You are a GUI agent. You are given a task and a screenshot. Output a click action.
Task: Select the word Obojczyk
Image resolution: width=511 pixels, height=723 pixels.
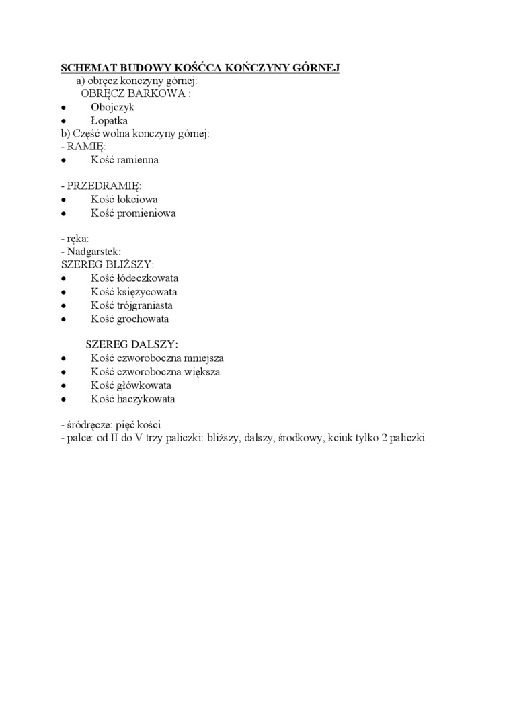coord(112,107)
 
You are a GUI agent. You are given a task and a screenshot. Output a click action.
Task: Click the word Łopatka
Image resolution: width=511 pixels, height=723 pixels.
coord(109,120)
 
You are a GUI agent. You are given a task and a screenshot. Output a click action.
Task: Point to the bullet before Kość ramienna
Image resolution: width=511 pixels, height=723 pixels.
coord(63,161)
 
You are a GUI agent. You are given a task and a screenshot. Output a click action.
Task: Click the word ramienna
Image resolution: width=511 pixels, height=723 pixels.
coord(137,160)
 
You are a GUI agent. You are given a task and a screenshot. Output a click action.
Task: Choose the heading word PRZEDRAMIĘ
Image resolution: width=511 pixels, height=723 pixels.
coord(104,186)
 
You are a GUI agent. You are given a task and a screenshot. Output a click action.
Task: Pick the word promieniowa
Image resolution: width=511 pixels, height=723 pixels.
coord(146,213)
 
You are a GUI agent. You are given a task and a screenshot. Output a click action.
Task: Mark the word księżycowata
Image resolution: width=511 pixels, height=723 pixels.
coord(147,292)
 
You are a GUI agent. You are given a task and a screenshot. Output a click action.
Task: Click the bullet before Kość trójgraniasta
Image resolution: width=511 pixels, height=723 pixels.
coord(63,306)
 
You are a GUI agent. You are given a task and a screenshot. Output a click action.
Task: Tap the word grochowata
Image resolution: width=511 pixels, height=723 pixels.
coord(143,319)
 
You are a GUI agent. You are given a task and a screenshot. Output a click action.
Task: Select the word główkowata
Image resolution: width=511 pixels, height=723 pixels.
coord(143,385)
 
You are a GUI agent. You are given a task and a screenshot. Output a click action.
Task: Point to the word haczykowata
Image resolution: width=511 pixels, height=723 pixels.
coord(145,399)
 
